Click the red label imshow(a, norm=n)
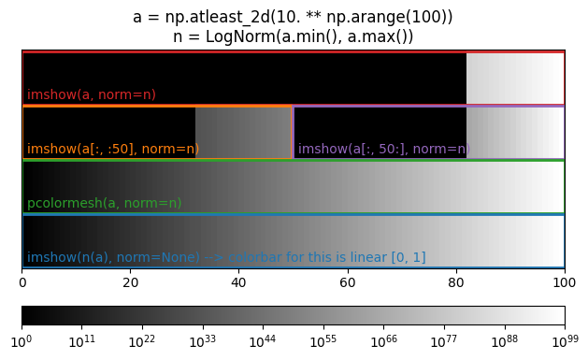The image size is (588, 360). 92,94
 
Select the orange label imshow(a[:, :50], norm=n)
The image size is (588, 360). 113,149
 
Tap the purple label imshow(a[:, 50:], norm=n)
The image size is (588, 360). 383,149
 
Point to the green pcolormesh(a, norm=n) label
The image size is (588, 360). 105,203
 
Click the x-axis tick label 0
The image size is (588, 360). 22,281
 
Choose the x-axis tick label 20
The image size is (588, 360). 131,281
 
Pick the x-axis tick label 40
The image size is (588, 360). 239,281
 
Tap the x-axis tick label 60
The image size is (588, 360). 348,281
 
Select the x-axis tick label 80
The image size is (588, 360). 456,281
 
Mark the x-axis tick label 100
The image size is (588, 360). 565,281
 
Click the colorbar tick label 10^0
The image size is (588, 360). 22,341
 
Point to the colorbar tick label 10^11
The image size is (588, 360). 82,341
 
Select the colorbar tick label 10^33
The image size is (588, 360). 203,341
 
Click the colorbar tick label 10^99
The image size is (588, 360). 565,341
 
